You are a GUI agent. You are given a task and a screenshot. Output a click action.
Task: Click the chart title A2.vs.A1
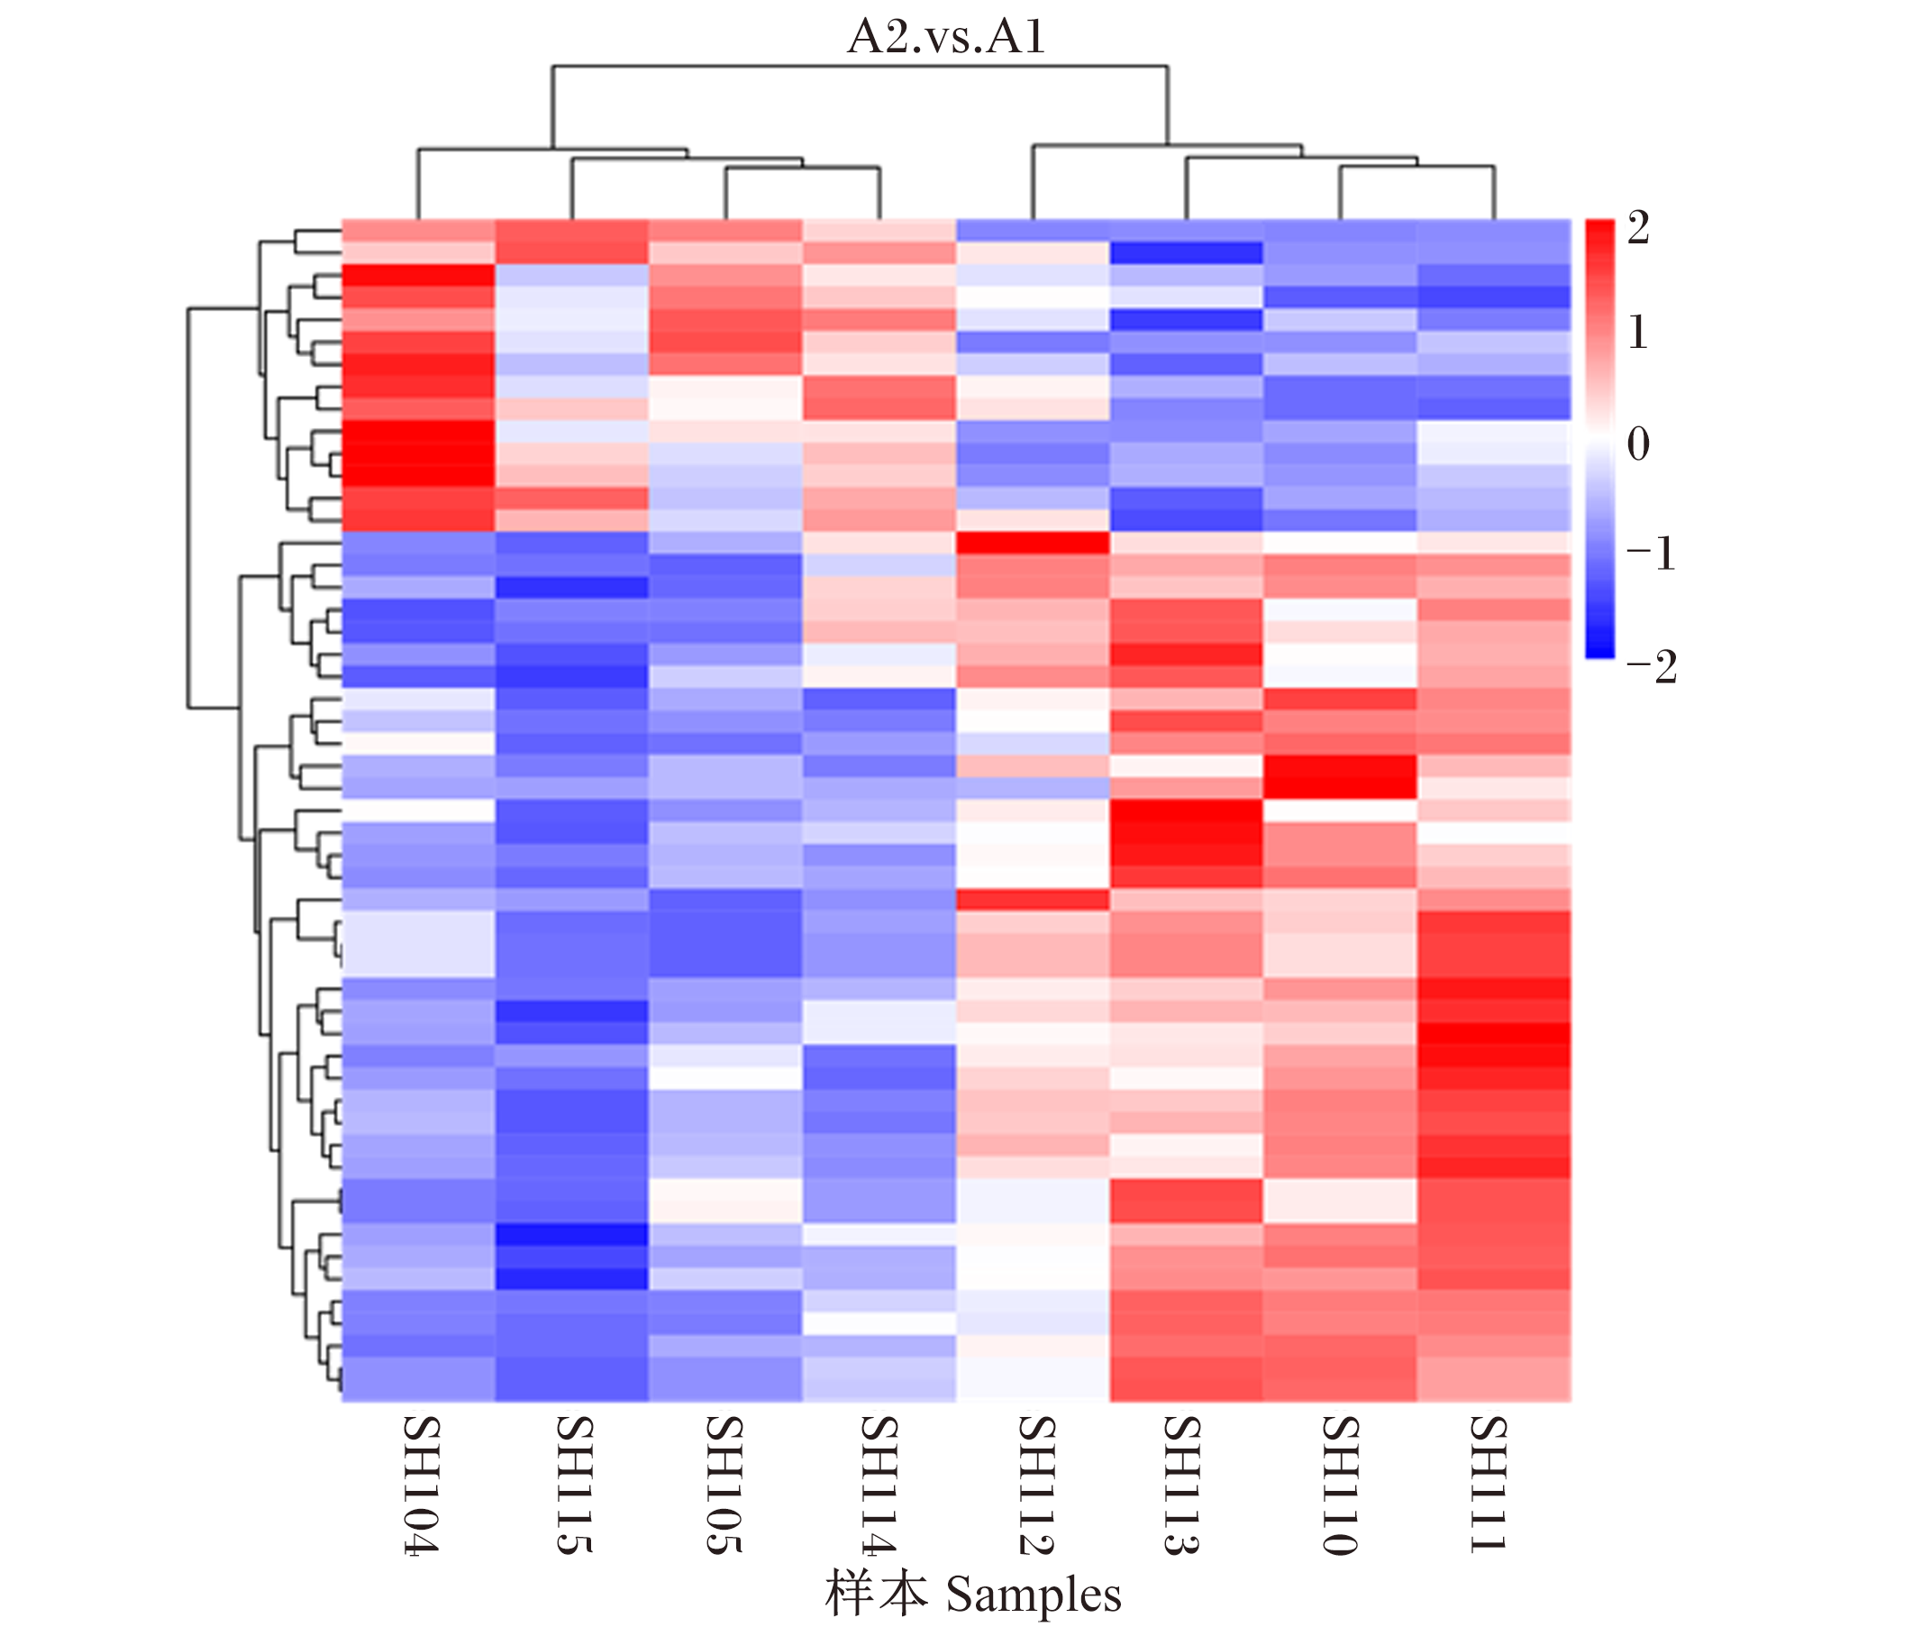point(946,37)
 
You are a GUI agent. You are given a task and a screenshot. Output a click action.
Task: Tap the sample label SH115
point(574,1485)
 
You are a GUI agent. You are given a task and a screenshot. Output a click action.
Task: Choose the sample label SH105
point(724,1485)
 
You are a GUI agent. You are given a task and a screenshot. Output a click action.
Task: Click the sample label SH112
point(1035,1485)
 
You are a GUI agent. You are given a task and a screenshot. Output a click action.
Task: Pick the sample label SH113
point(1181,1485)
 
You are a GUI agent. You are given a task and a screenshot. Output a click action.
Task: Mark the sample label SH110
point(1339,1485)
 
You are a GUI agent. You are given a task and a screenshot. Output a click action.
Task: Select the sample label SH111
point(1488,1484)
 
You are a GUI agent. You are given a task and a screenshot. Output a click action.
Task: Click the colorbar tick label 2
point(1638,227)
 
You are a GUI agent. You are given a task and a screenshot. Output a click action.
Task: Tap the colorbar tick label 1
point(1638,332)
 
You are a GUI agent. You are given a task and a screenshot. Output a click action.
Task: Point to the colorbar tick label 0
point(1638,443)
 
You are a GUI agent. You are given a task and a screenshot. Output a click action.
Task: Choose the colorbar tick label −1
point(1651,554)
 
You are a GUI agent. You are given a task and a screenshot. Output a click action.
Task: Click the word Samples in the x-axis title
point(1034,1595)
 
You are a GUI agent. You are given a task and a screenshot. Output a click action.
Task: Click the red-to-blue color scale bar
point(1600,439)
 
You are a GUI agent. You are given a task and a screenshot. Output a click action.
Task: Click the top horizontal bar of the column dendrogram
point(861,67)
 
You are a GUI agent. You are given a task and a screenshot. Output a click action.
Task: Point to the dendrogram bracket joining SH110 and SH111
point(1417,168)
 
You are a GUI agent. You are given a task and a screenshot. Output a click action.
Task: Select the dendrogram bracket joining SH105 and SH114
point(803,169)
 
